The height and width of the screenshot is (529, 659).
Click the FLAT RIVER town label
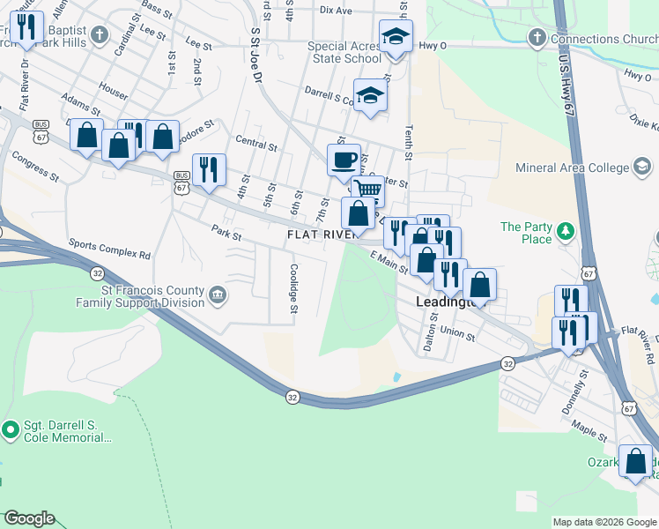(x=322, y=235)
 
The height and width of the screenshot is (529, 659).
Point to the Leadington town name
(x=447, y=302)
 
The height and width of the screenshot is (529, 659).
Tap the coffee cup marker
(x=344, y=160)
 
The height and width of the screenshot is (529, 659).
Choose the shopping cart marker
(x=368, y=190)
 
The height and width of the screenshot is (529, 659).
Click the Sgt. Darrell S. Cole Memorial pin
(x=11, y=430)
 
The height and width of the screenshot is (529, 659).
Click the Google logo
(x=28, y=518)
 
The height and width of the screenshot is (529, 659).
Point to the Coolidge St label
(x=294, y=289)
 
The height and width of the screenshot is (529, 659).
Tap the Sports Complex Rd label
(x=109, y=250)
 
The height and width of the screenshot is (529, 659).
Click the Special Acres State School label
(x=344, y=52)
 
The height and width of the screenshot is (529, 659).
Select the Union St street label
(x=458, y=334)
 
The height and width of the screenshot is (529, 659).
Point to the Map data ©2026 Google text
(x=603, y=523)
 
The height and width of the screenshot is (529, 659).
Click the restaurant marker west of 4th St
(x=209, y=169)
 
